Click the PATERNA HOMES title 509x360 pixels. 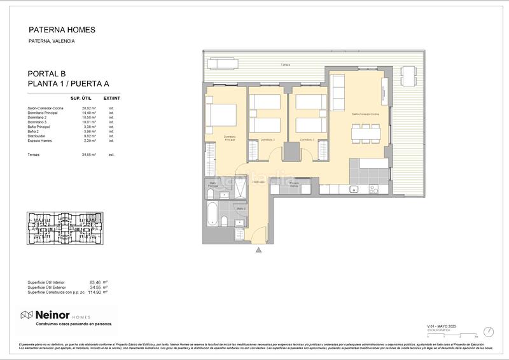click(x=62, y=29)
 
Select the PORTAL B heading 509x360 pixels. click(x=46, y=74)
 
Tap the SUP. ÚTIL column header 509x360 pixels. click(x=83, y=99)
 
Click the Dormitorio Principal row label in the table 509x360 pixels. click(x=46, y=113)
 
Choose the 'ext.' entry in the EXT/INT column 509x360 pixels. click(x=111, y=155)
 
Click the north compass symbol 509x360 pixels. click(x=488, y=331)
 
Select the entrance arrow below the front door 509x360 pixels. click(x=258, y=250)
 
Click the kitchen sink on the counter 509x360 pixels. click(x=355, y=188)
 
